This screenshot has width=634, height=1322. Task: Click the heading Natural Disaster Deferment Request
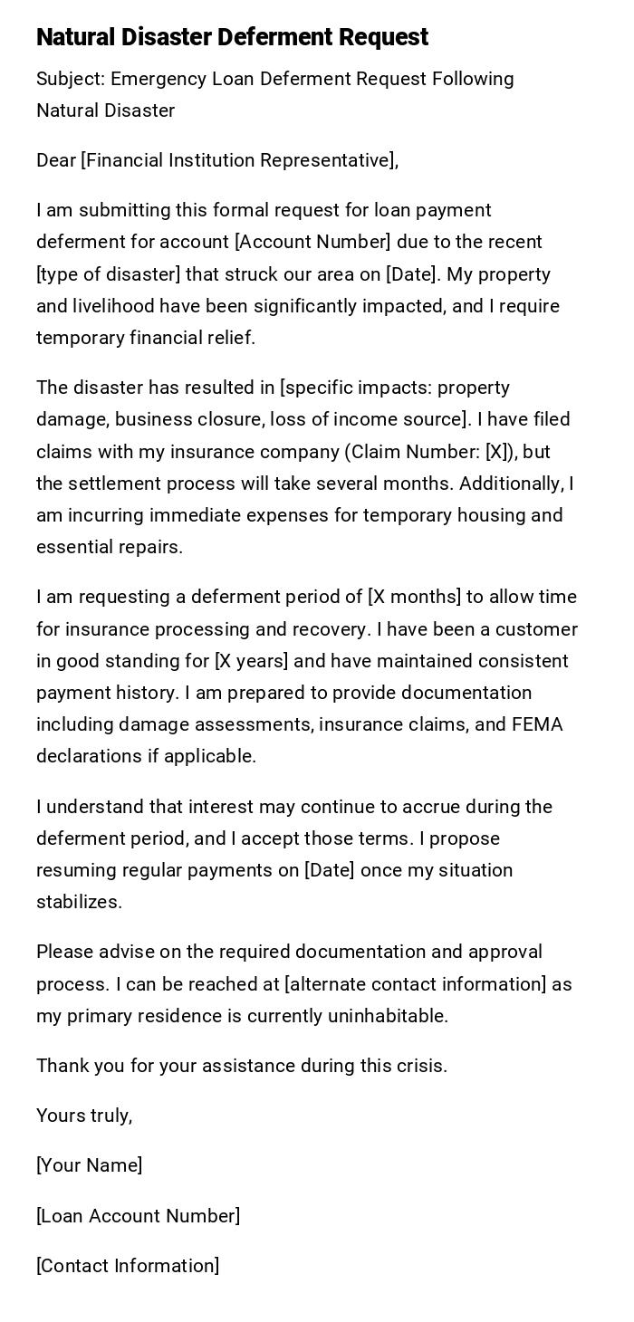coord(232,37)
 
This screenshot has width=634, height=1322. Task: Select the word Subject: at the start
coord(71,79)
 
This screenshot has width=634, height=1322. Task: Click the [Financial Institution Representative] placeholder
coord(238,160)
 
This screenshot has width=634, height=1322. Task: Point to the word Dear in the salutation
coord(56,160)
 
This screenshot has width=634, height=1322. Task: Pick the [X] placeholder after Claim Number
coord(496,452)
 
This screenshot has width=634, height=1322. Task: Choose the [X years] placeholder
coord(251,661)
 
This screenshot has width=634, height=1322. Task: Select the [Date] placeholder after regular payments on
coord(329,870)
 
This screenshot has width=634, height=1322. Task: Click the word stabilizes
coord(79,902)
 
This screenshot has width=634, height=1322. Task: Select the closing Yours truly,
coord(84,1116)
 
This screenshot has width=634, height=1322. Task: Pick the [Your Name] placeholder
coord(89,1165)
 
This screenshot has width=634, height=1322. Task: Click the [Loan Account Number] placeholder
coord(138,1216)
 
